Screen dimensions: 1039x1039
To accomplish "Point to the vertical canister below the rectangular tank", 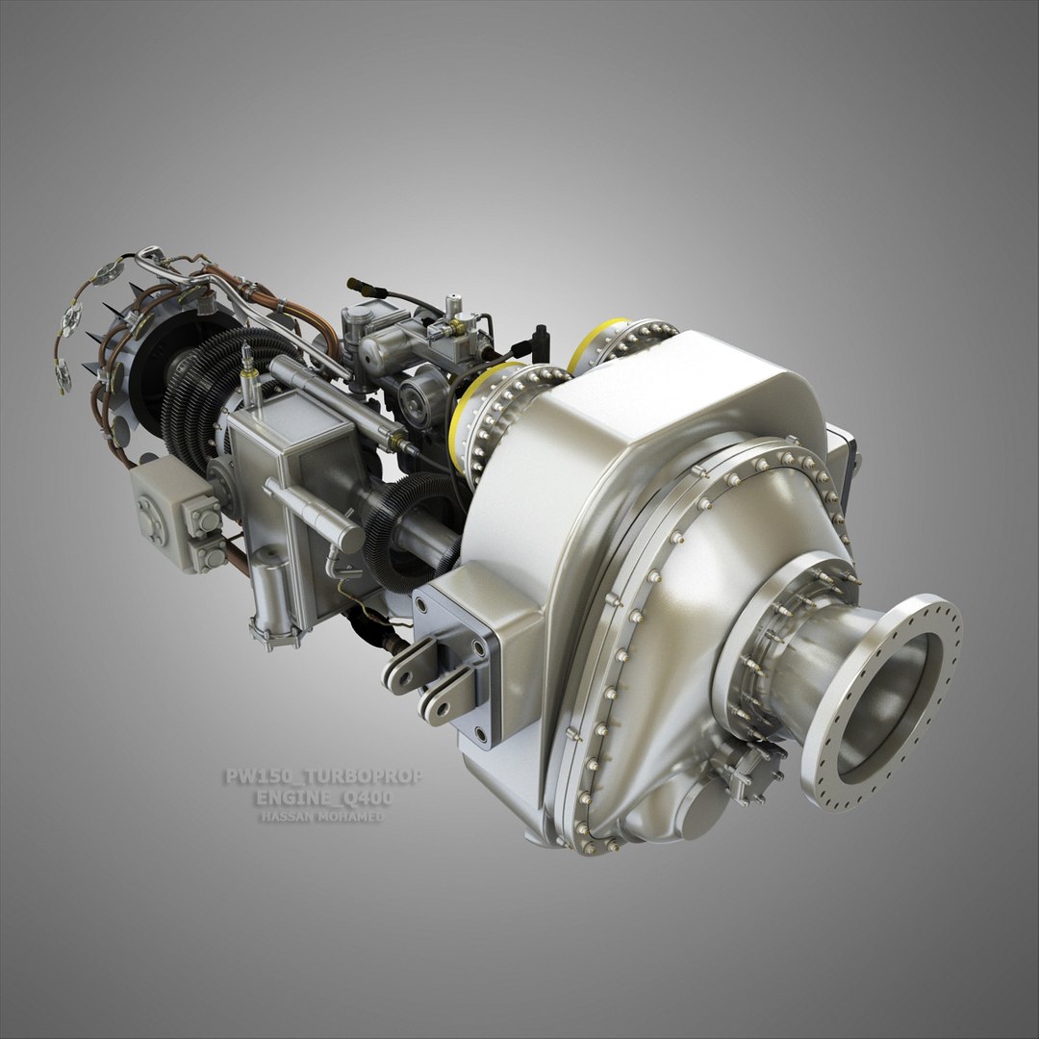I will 275,601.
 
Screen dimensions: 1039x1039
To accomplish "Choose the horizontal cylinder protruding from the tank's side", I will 313,515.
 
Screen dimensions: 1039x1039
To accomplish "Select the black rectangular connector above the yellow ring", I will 541,341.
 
